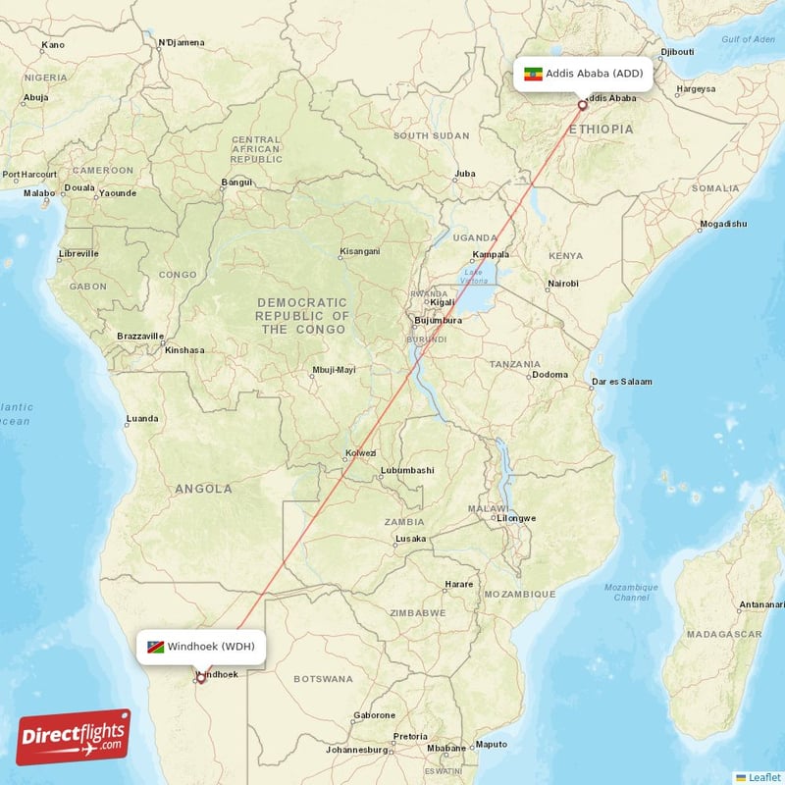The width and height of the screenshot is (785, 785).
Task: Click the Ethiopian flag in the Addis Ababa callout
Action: pyautogui.click(x=534, y=74)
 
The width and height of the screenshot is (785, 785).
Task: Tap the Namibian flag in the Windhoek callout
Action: pyautogui.click(x=155, y=647)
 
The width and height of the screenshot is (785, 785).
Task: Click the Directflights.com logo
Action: pyautogui.click(x=74, y=736)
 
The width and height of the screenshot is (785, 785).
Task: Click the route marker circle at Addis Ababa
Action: pyautogui.click(x=583, y=105)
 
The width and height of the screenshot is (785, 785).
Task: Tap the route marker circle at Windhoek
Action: pyautogui.click(x=201, y=677)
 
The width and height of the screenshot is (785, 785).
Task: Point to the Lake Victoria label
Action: pyautogui.click(x=474, y=276)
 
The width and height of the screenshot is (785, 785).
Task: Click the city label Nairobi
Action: pyautogui.click(x=562, y=284)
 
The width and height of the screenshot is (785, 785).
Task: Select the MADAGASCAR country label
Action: pyautogui.click(x=726, y=634)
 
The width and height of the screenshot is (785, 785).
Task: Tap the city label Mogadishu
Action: pyautogui.click(x=723, y=224)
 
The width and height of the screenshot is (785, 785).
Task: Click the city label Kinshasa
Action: pyautogui.click(x=184, y=349)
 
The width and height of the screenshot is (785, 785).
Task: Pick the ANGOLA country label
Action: pyautogui.click(x=204, y=488)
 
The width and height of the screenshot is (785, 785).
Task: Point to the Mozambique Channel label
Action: pyautogui.click(x=632, y=592)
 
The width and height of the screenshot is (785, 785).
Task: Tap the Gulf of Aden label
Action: pyautogui.click(x=747, y=39)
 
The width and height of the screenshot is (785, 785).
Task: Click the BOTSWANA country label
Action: pyautogui.click(x=323, y=678)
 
